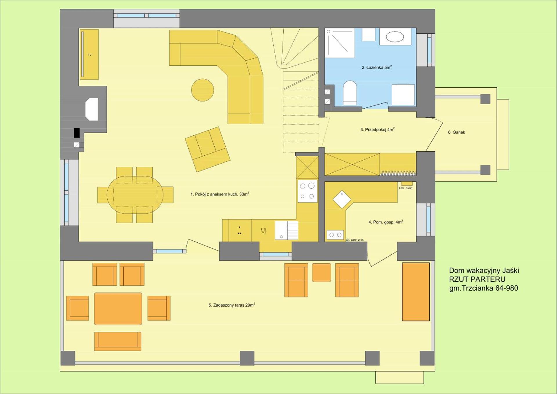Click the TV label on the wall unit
pyautogui.click(x=90, y=55)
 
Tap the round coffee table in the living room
pyautogui.click(x=202, y=90)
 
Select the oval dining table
pyautogui.click(x=135, y=195)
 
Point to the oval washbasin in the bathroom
pyautogui.click(x=395, y=37)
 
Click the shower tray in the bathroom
pyautogui.click(x=339, y=43)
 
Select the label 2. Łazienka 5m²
pyautogui.click(x=377, y=67)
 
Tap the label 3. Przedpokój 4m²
pyautogui.click(x=377, y=129)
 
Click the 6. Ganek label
pyautogui.click(x=456, y=132)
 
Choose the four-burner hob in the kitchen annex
pyautogui.click(x=307, y=191)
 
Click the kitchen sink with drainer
pyautogui.click(x=286, y=231)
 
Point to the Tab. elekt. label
pyautogui.click(x=406, y=188)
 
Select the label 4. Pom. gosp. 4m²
pyautogui.click(x=385, y=222)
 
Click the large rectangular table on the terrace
pyautogui.click(x=118, y=309)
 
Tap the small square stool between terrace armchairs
pyautogui.click(x=321, y=272)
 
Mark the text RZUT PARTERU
pyautogui.click(x=477, y=279)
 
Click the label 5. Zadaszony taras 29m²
pyautogui.click(x=232, y=305)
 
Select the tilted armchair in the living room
pyautogui.click(x=207, y=149)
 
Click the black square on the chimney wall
pyautogui.click(x=77, y=133)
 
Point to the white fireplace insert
pyautogui.click(x=92, y=109)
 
